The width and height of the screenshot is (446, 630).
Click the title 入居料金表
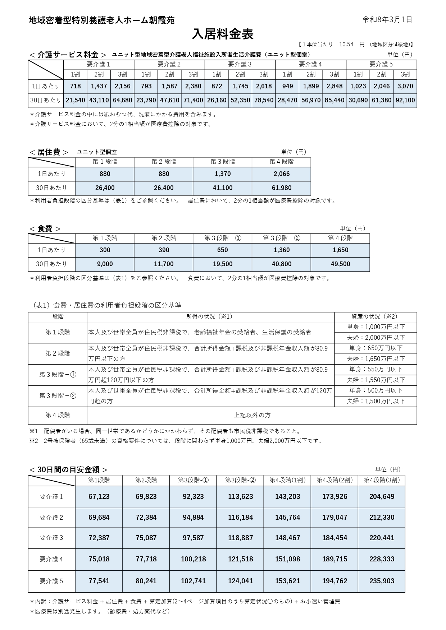pos(223,34)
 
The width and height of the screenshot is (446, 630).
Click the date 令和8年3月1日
pos(387,20)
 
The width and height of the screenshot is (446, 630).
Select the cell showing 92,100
pos(405,100)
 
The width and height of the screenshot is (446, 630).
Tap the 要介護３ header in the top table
pos(240,65)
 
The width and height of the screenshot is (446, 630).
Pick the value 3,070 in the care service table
pos(405,86)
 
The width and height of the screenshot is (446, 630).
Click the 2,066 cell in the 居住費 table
pos(281,174)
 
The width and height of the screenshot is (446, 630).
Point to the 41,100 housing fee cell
pos(223,188)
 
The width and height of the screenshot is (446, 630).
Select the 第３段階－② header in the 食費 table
pos(281,238)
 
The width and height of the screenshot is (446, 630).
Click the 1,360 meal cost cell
pos(281,250)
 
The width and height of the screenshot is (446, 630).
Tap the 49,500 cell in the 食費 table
pos(340,264)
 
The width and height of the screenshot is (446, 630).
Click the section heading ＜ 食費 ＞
pos(45,229)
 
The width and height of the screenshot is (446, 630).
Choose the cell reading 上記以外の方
pos(252,415)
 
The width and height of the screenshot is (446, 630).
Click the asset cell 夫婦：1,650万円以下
pos(376,359)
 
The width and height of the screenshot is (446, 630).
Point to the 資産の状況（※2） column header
pos(376,316)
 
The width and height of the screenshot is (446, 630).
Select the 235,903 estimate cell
pos(382,581)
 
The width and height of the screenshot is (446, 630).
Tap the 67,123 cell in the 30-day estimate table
pos(99,497)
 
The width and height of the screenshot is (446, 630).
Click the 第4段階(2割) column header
pos(334,480)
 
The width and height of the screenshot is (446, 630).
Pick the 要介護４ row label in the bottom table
pos(51,559)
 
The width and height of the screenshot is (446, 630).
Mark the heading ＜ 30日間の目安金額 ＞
pos(68,470)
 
